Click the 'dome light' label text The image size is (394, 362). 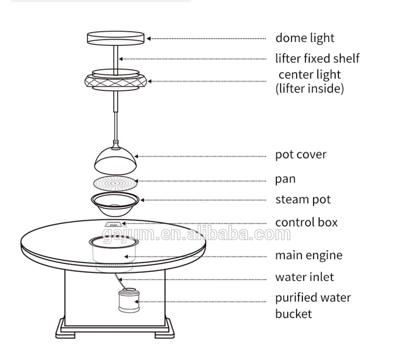pos(305,38)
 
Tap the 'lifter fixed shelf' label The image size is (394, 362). pos(318,59)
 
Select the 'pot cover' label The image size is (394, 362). pos(301,155)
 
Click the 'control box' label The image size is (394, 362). pos(306,223)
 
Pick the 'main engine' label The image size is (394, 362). pos(309,255)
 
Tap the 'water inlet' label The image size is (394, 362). pos(305,277)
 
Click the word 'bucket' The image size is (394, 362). pos(293,314)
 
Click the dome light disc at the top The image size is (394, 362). pos(116,38)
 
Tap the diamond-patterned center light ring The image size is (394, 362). pos(116,81)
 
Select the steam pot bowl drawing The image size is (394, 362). pos(115,204)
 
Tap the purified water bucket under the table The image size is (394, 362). pos(129,301)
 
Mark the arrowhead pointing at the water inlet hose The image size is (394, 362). pos(120,280)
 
